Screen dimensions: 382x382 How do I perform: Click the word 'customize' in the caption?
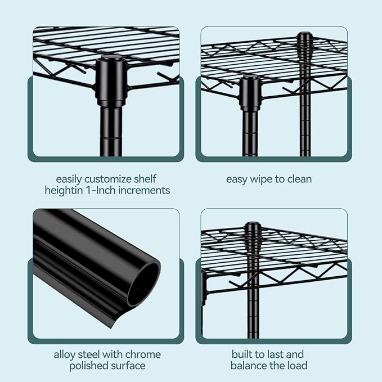(x=108, y=179)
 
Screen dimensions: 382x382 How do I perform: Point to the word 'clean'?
(x=299, y=179)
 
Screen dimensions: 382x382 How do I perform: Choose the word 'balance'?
(x=249, y=366)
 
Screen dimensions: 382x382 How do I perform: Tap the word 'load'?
(x=297, y=366)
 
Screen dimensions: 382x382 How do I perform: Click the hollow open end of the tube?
(x=143, y=282)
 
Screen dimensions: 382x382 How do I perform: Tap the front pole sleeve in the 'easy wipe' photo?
(x=250, y=93)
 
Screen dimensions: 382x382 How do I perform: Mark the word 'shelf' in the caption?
(x=145, y=179)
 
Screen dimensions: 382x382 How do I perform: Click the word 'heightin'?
(x=64, y=190)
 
